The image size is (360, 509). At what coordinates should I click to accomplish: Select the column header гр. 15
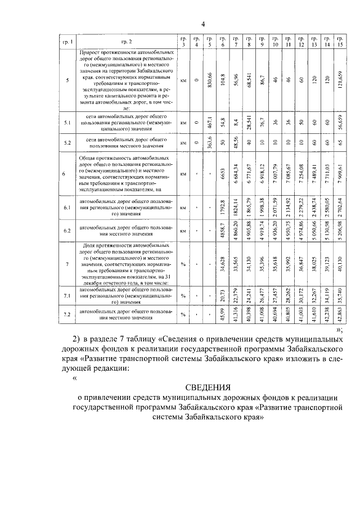340,42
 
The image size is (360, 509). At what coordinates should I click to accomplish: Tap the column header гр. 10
275,42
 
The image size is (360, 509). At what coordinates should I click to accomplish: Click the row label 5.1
67,122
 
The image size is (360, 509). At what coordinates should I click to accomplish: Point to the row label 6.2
67,231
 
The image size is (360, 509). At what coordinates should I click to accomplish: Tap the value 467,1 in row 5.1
209,122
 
